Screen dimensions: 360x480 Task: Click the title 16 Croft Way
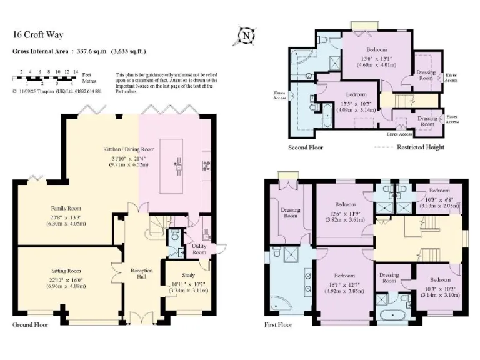(x=38, y=36)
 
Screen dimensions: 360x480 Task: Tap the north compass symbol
(x=247, y=36)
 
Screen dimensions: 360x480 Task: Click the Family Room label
(x=66, y=209)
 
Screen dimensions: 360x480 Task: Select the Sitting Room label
(x=66, y=271)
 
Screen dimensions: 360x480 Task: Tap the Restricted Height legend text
(x=421, y=147)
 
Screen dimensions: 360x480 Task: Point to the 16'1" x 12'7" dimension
(x=344, y=283)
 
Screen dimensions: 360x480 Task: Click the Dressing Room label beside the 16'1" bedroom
(x=389, y=278)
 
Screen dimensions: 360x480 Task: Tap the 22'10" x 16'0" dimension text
(x=66, y=279)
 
